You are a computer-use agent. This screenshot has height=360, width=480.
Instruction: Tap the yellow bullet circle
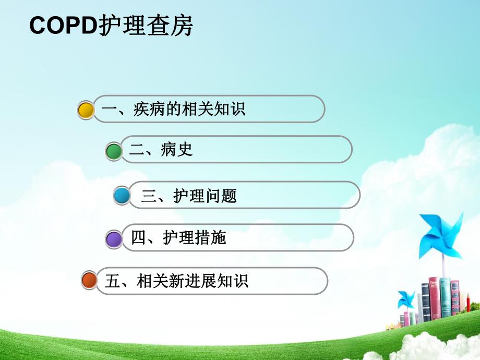coord(86,110)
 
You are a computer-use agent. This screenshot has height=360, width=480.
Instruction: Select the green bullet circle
coord(114,151)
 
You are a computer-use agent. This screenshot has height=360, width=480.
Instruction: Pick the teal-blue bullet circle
coord(122,196)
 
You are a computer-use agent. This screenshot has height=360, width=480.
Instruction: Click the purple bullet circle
coord(114,239)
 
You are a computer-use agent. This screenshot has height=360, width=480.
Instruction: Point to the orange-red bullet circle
coord(89,281)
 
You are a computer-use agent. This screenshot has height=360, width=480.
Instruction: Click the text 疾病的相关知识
coord(189,110)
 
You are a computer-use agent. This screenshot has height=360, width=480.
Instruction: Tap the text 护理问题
coord(205,196)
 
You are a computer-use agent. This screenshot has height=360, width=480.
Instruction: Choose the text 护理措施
coord(195,238)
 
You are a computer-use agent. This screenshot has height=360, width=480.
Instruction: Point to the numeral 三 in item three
coord(149,196)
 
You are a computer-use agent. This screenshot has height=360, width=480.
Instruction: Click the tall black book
coord(425,303)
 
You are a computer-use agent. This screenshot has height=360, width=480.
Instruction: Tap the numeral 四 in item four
coord(138,238)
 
